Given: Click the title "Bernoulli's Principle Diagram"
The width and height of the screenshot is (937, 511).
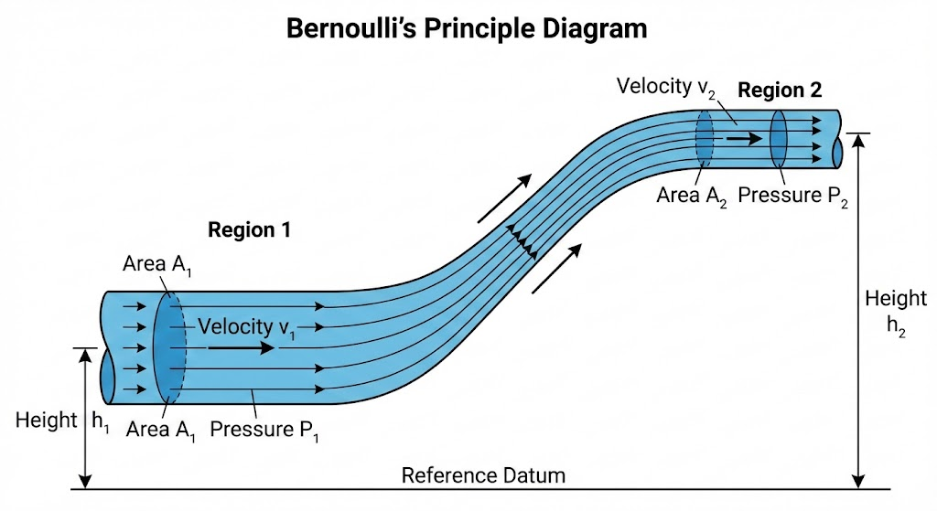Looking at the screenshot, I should click(467, 28).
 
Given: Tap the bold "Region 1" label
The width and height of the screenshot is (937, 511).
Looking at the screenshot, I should click(249, 230).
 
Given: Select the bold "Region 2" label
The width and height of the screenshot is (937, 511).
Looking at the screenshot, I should click(780, 90).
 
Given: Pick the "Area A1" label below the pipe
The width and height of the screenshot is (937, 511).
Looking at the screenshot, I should click(161, 428).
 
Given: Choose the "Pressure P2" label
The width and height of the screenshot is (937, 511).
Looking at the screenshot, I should click(792, 196).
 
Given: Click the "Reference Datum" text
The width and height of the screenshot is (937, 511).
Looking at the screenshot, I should click(483, 475).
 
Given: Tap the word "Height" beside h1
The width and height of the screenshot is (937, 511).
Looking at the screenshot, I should click(46, 421).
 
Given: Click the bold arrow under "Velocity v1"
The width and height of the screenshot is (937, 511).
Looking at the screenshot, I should click(241, 347).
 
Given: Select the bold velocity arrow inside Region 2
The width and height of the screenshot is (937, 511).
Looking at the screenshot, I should click(743, 139).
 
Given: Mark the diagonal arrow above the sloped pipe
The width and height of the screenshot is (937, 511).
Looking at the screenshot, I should click(504, 198).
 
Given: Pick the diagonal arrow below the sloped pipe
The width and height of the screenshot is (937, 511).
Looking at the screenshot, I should click(557, 268).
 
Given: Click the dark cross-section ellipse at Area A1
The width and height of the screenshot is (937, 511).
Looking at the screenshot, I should click(169, 347).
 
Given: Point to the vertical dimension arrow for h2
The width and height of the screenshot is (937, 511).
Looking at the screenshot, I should click(858, 311).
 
